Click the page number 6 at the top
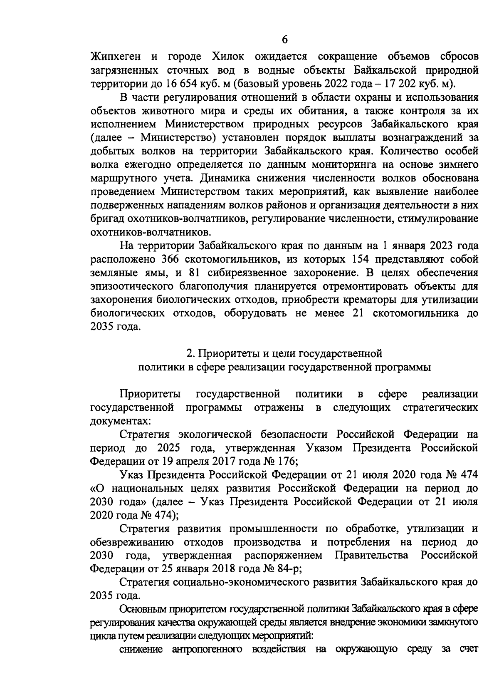click(284, 40)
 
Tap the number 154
click(362, 259)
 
